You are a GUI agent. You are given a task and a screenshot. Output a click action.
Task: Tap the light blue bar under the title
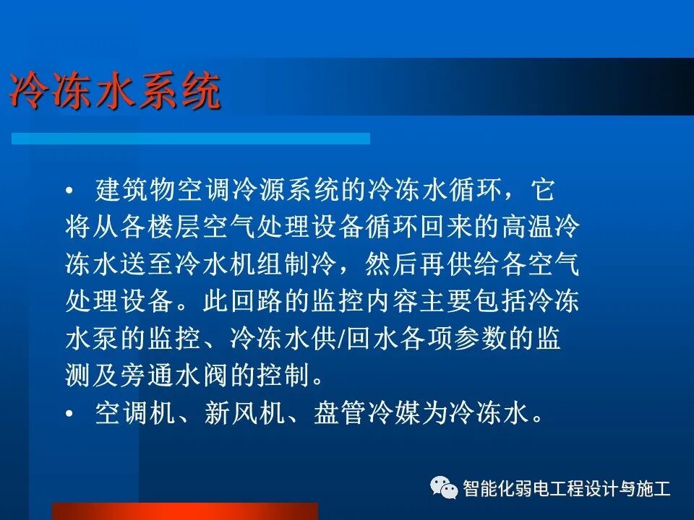(191, 138)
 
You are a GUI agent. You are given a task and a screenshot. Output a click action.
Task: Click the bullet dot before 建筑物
(69, 192)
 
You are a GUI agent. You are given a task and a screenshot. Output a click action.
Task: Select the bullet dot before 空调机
(69, 414)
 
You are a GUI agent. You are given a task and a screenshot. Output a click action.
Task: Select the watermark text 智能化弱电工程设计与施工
(567, 489)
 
